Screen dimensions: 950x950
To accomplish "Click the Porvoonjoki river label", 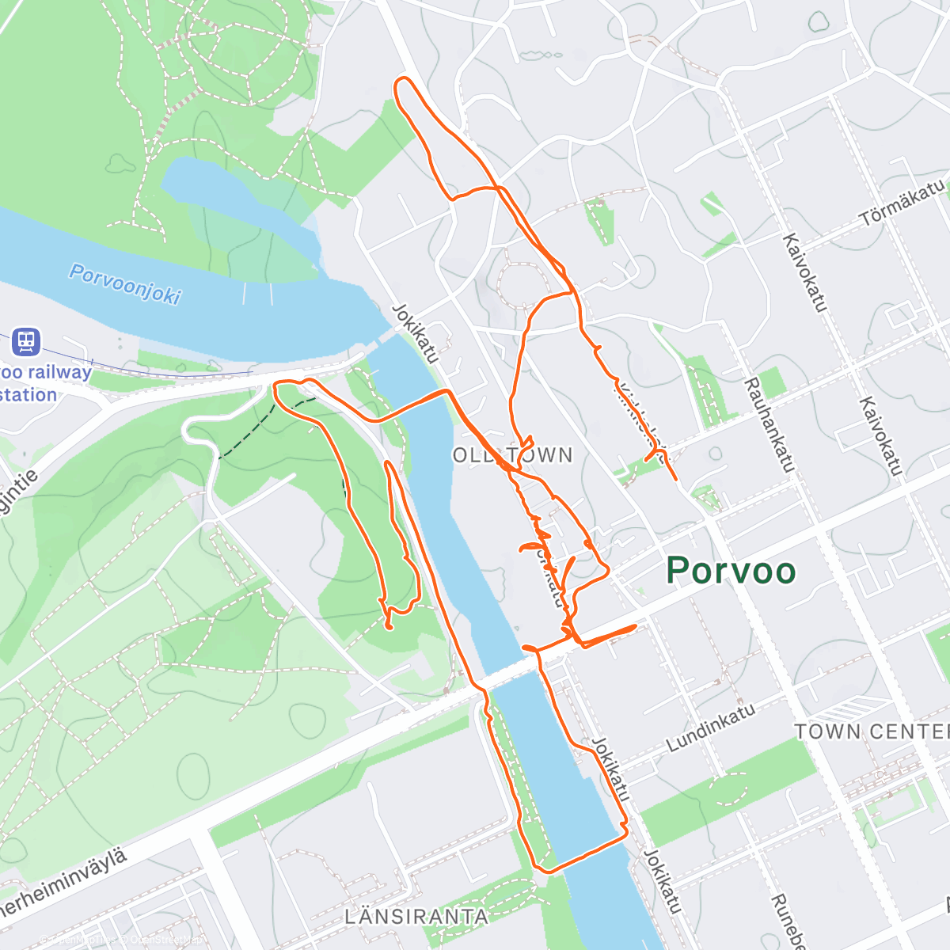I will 125,283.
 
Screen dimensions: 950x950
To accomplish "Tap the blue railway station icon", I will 26,342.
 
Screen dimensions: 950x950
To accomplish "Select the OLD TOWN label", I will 513,455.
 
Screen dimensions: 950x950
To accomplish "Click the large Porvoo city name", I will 730,571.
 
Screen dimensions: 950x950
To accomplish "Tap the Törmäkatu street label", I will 902,203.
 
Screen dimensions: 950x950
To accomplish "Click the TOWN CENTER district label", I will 871,731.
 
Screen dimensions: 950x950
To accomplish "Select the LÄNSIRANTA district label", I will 416,917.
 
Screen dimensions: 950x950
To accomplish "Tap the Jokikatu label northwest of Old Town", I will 415,334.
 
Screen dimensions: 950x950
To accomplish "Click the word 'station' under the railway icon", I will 28,395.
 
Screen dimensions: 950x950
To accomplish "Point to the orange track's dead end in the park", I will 389,628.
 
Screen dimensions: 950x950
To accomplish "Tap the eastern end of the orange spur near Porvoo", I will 635,627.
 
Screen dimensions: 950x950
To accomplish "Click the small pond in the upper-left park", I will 121,164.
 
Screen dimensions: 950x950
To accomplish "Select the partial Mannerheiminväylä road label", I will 63,883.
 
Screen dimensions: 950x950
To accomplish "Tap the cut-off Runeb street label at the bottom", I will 788,922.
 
